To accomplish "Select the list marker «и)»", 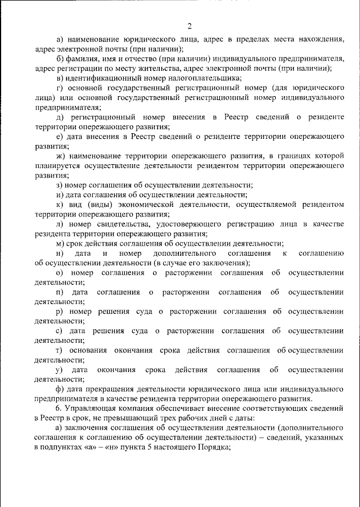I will [60, 195].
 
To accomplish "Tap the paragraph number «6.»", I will [60, 409].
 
